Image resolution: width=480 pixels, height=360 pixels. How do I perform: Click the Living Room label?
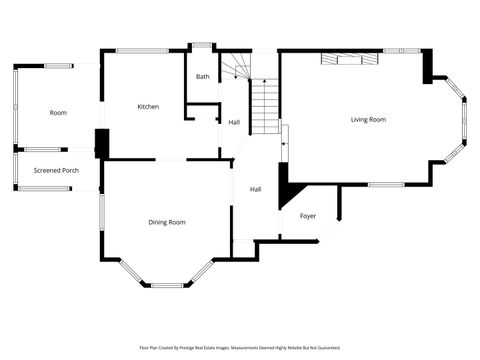coord(368,120)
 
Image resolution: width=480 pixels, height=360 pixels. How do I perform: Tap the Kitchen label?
coord(148,106)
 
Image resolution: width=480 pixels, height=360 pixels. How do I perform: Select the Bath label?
coord(203,77)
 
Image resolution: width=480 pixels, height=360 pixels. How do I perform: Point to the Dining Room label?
coord(167,222)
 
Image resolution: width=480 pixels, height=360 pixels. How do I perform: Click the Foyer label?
coord(308,216)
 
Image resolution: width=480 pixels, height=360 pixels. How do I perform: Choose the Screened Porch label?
coord(56,170)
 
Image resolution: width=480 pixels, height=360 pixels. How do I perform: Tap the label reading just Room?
coord(58,113)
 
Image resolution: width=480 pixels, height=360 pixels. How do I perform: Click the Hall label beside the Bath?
coord(234,122)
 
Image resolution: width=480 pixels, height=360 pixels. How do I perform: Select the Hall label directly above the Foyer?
coord(256,189)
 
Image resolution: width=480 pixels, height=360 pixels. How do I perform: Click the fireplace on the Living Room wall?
coord(349,60)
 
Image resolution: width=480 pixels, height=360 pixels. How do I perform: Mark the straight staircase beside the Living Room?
coord(263,106)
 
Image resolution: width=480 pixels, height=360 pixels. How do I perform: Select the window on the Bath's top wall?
coord(203,44)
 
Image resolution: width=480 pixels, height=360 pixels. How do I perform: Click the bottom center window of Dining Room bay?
coord(167,285)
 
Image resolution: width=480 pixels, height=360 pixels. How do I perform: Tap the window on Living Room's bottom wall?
coord(385,184)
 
